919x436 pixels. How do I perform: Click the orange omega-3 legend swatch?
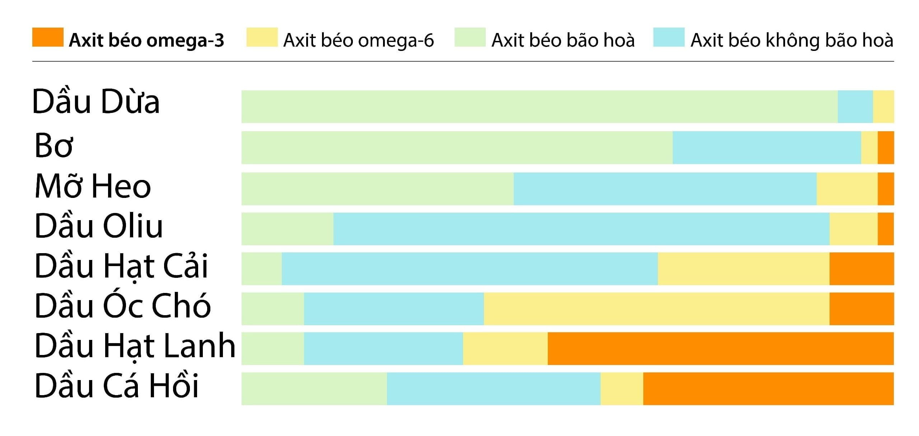48,37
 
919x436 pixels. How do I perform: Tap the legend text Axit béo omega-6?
358,40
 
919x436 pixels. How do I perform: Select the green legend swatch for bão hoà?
470,37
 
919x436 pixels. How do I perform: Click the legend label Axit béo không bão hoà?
792,40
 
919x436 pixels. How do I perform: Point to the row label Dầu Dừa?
96,102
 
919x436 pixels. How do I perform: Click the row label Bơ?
54,146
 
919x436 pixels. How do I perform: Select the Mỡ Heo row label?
93,186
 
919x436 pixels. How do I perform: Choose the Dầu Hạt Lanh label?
135,346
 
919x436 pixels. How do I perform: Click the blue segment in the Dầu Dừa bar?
855,106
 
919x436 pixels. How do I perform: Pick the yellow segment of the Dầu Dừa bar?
883,106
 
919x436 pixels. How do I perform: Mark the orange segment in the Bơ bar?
886,148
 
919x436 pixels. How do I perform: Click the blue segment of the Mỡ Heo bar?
665,189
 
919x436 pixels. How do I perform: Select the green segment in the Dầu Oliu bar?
287,229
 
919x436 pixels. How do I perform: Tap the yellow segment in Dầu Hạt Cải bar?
743,269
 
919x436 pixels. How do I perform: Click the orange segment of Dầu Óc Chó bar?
861,309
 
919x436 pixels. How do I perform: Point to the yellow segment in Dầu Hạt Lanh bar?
505,349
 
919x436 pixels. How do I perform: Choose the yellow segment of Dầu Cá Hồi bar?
621,389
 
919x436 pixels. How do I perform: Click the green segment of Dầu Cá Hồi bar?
314,389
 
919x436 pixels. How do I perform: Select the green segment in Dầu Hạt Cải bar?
261,269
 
